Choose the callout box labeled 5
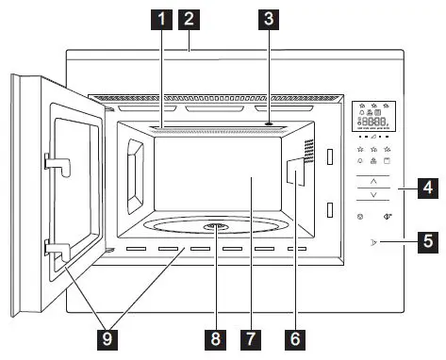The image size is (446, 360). click(427, 249)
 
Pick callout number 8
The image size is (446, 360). click(215, 335)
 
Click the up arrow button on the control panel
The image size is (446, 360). click(373, 179)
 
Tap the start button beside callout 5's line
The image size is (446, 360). click(374, 249)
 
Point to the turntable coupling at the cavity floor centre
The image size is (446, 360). click(215, 227)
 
